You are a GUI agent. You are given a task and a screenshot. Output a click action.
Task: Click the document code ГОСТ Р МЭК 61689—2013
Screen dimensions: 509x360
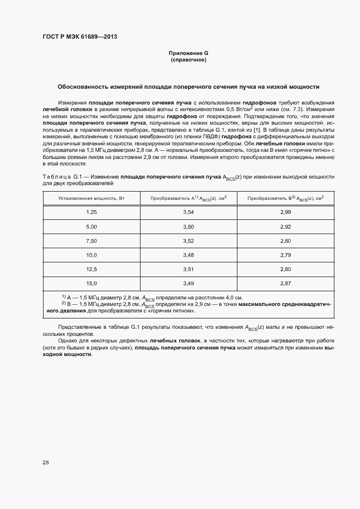80,37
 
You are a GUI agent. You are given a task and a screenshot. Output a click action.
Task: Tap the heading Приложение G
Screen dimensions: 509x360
188,53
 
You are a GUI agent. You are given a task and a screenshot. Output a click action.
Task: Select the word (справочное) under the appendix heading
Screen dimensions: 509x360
188,59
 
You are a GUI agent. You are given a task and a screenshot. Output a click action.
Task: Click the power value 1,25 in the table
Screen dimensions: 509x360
91,212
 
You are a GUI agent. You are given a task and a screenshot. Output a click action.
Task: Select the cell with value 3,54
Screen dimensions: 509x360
188,212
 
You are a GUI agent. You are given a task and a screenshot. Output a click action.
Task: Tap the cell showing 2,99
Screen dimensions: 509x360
285,212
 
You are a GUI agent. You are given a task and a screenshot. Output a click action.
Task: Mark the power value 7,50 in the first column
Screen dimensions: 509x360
91,240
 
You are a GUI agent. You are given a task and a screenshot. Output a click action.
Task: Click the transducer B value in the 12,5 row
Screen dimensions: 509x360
285,269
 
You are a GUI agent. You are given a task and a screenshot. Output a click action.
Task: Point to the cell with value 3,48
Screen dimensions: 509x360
188,255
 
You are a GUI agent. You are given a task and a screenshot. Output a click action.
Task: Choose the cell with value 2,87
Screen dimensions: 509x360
285,283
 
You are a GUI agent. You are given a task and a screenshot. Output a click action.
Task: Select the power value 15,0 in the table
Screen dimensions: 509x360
91,283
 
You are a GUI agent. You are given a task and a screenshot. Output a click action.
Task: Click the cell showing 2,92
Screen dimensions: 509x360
285,226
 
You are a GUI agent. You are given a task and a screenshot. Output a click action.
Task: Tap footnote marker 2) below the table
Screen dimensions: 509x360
64,303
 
